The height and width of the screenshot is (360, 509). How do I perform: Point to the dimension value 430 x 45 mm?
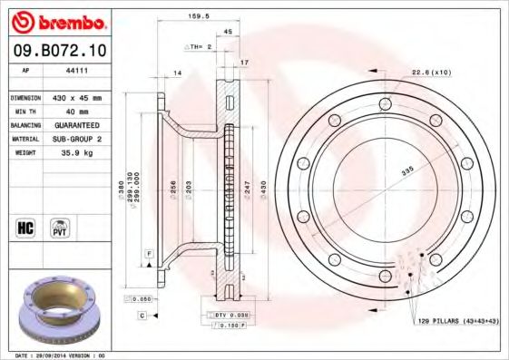tap(78, 96)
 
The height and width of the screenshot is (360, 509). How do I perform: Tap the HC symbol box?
tap(25, 227)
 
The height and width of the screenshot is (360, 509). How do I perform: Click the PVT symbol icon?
tap(61, 227)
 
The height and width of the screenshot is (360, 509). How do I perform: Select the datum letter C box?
tap(142, 315)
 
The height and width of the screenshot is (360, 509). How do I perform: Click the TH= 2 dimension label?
tap(199, 44)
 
